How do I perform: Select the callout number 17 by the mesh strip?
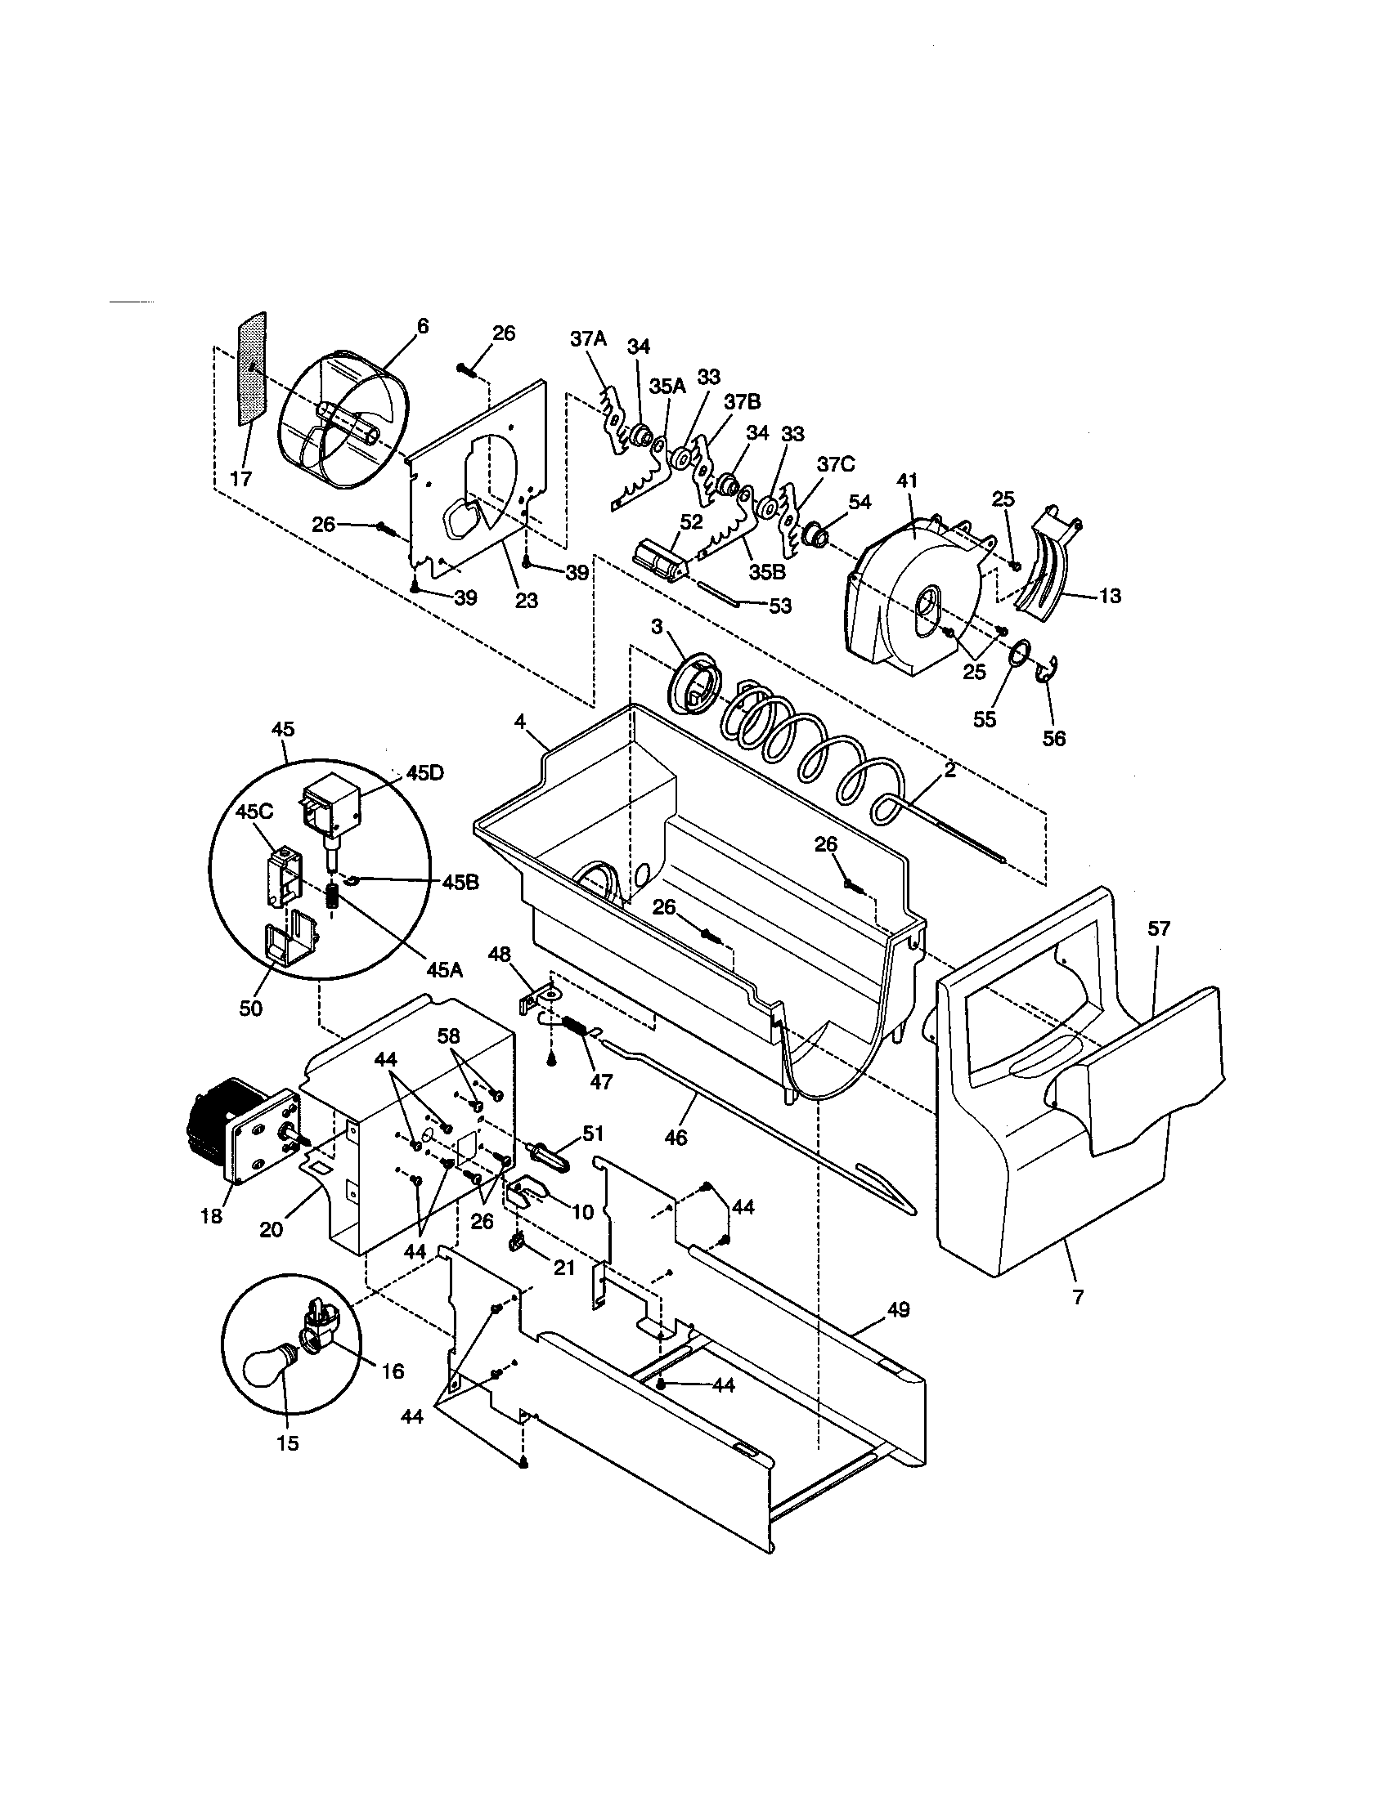pyautogui.click(x=240, y=479)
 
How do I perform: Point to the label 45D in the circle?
pyautogui.click(x=424, y=773)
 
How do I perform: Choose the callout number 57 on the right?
pyautogui.click(x=1159, y=929)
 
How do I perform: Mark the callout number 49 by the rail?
pyautogui.click(x=898, y=1309)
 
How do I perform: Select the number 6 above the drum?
pyautogui.click(x=423, y=327)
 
